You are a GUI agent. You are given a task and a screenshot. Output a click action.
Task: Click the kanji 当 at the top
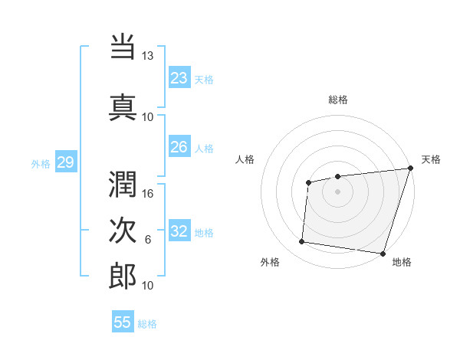(x=123, y=47)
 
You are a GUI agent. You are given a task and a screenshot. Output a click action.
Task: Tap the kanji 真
(x=123, y=106)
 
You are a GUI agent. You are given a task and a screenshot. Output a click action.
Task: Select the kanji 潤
(x=123, y=184)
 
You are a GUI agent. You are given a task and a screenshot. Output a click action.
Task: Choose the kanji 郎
(x=123, y=276)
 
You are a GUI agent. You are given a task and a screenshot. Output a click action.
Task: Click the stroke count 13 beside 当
(x=148, y=56)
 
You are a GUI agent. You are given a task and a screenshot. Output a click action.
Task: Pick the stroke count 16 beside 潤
(x=148, y=194)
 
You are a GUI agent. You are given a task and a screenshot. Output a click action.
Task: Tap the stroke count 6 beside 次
(x=148, y=240)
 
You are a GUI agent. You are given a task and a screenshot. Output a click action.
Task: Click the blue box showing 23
(x=179, y=77)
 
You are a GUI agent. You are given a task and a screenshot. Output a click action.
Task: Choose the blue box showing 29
(x=65, y=162)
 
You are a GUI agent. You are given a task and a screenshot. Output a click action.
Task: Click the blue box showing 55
(x=123, y=322)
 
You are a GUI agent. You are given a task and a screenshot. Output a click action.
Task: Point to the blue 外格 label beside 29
(x=41, y=162)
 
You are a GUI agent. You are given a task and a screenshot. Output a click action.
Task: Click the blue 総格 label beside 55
(x=148, y=324)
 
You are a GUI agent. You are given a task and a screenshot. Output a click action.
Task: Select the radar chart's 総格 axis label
(x=338, y=100)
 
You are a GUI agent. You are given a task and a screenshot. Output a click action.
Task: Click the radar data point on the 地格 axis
(x=383, y=254)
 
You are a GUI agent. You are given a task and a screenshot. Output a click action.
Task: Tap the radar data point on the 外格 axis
(x=302, y=242)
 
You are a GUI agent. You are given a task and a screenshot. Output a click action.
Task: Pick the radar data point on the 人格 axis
(x=308, y=182)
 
